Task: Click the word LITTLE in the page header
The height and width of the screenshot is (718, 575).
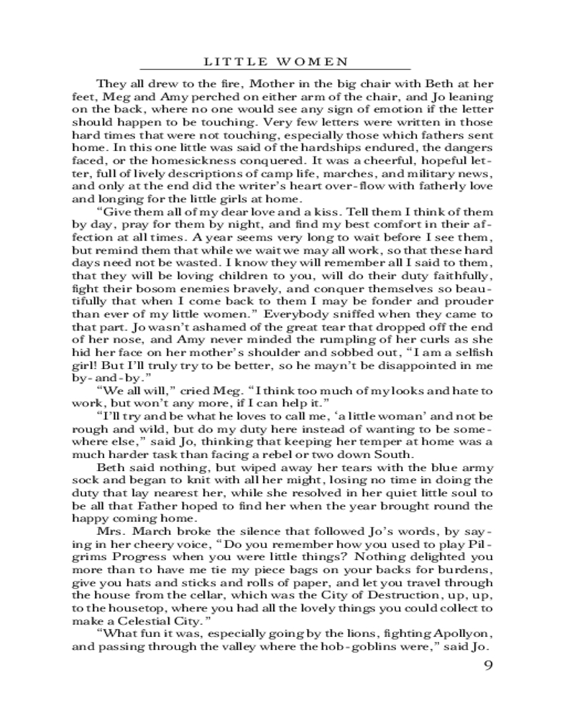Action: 255,62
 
